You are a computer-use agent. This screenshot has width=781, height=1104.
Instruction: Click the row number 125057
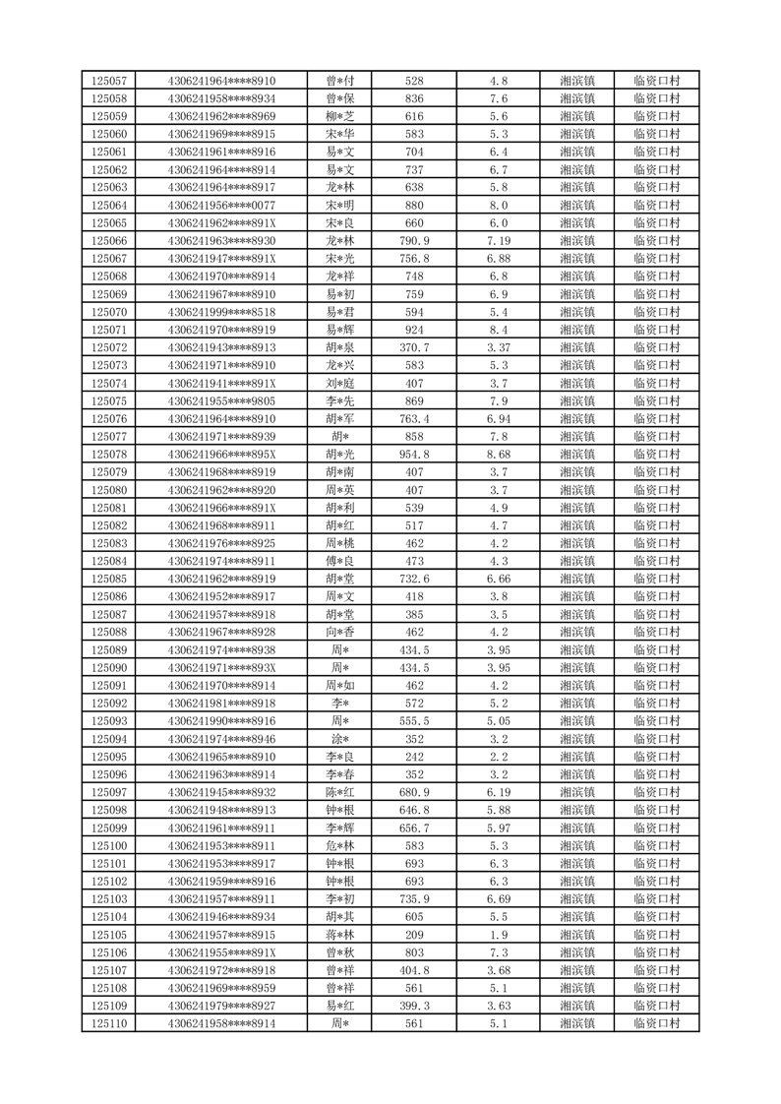[108, 81]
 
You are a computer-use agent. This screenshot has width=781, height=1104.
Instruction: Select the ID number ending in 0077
[221, 205]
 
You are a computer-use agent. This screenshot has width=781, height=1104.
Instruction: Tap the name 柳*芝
[340, 116]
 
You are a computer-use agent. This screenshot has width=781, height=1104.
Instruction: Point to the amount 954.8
[414, 454]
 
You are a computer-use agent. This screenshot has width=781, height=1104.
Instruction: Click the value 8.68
[499, 454]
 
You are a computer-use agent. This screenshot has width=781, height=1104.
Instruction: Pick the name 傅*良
[340, 561]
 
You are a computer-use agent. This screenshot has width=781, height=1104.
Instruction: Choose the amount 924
[414, 330]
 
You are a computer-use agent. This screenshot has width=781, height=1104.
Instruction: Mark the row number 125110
[108, 1023]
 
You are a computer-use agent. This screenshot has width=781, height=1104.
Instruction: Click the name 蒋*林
[340, 934]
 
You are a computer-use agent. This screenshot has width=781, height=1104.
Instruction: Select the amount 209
[414, 934]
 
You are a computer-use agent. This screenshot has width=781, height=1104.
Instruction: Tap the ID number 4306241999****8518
[221, 312]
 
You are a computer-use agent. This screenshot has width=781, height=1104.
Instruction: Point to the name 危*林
[340, 845]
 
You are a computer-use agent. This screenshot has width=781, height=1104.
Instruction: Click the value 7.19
[499, 240]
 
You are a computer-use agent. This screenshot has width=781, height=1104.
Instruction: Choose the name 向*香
[340, 632]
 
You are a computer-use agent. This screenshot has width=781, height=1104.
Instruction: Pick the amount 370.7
[414, 347]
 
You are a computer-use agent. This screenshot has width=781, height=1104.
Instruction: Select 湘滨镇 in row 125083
[576, 543]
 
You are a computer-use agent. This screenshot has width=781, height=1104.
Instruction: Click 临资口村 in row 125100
[656, 845]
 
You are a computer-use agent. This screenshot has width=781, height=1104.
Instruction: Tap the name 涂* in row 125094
[340, 739]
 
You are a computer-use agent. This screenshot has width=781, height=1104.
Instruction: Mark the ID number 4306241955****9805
[221, 400]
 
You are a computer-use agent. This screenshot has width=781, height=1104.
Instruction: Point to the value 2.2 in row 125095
[499, 757]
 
